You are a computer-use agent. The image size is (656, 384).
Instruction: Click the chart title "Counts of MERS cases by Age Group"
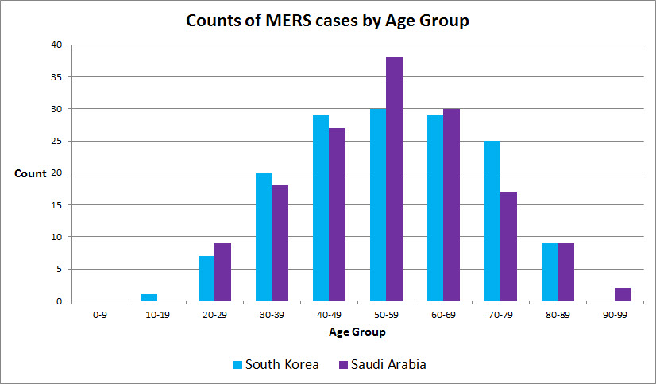(x=327, y=21)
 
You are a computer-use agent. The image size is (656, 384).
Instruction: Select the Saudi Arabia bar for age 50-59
(x=394, y=179)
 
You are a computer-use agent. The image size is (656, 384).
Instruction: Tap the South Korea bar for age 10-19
(x=149, y=297)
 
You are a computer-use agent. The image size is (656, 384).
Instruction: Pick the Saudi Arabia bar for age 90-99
(x=623, y=294)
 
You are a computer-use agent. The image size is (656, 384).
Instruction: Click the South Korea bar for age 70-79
(x=492, y=221)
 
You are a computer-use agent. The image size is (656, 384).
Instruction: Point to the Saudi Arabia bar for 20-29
(x=222, y=272)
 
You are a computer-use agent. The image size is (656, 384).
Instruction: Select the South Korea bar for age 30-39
(x=264, y=237)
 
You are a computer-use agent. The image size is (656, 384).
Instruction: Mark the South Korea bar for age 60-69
(x=435, y=208)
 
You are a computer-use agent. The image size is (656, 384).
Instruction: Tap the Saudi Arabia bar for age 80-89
(x=565, y=272)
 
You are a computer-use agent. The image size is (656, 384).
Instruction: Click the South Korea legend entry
(x=276, y=364)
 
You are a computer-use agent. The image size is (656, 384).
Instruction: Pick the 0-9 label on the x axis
(x=99, y=315)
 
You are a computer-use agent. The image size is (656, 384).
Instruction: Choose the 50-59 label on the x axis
(x=385, y=315)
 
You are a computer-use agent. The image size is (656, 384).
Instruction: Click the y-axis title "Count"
(x=30, y=173)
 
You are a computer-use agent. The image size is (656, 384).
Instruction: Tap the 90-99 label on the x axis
(x=614, y=315)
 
